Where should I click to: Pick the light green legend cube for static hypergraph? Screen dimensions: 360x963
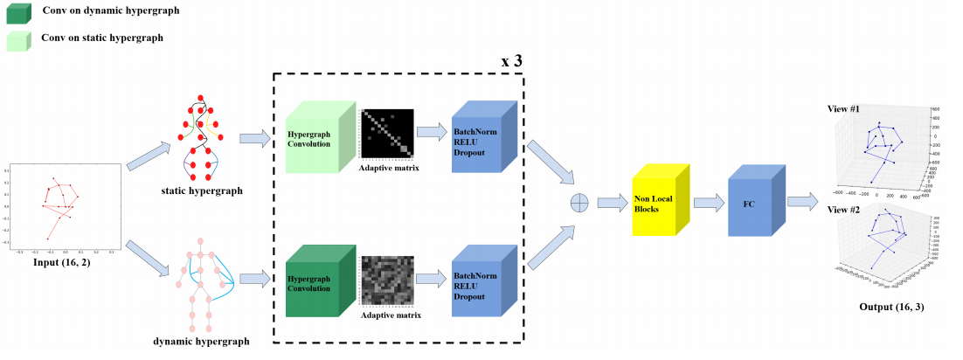[17, 40]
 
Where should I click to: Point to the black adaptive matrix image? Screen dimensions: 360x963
[388, 134]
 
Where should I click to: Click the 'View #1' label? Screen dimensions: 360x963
[843, 109]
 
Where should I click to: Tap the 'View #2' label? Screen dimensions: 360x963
[843, 209]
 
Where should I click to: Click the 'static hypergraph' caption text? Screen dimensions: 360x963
[203, 190]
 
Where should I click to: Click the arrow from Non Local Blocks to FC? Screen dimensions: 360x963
[708, 202]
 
